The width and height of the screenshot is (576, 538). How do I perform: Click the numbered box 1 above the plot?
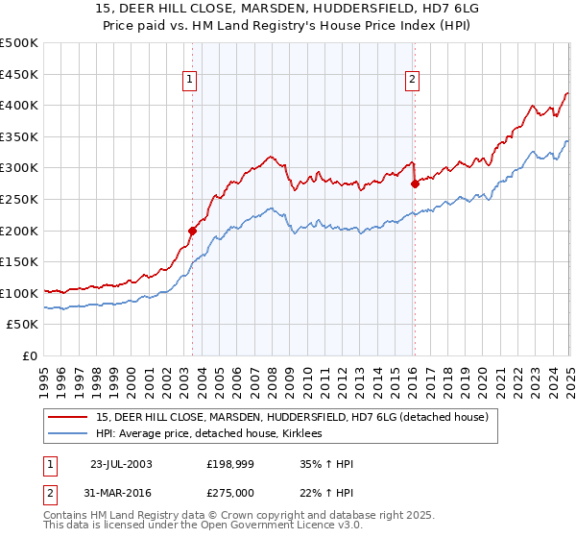[x=189, y=80]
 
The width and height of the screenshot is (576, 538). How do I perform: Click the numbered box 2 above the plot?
[x=412, y=80]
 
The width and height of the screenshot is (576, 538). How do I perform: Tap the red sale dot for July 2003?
[x=193, y=231]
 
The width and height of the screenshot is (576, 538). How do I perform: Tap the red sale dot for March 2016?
[x=415, y=183]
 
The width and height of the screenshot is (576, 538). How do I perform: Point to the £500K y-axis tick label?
[x=19, y=43]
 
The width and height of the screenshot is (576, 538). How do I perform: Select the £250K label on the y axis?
[x=19, y=199]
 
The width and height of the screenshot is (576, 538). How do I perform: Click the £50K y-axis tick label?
[x=23, y=325]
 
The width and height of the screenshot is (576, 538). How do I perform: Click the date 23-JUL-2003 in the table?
[x=120, y=464]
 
